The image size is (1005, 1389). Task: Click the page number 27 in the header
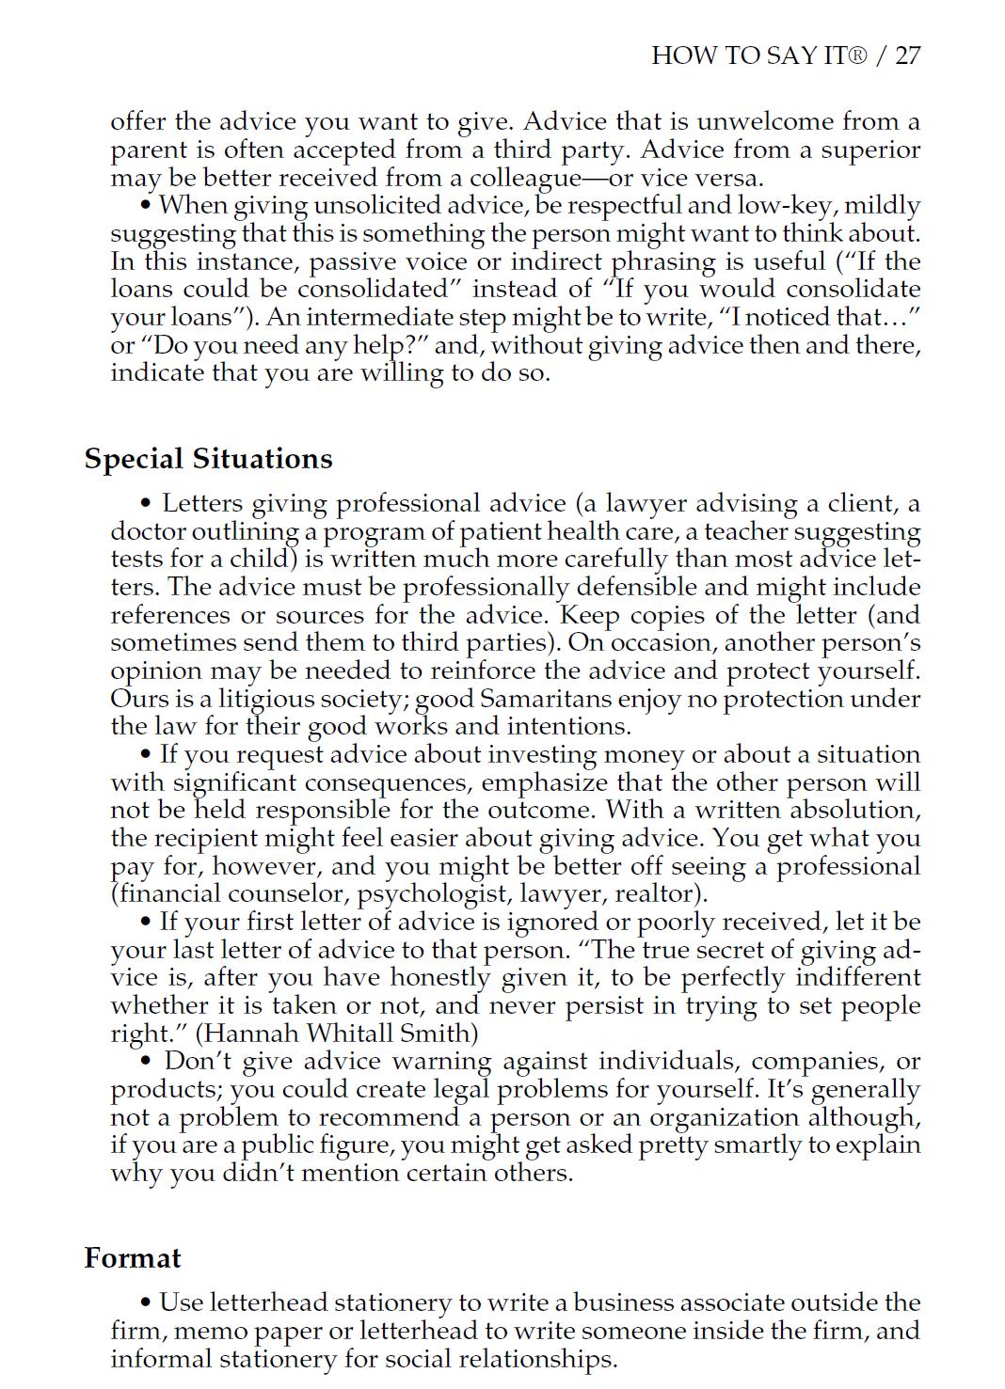click(907, 55)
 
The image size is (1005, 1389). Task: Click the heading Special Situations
click(208, 459)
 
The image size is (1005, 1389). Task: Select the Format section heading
click(133, 1258)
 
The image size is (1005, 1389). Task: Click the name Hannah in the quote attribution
click(247, 1034)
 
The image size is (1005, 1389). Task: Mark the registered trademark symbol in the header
click(857, 55)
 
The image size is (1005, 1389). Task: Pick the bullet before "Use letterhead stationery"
click(146, 1303)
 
